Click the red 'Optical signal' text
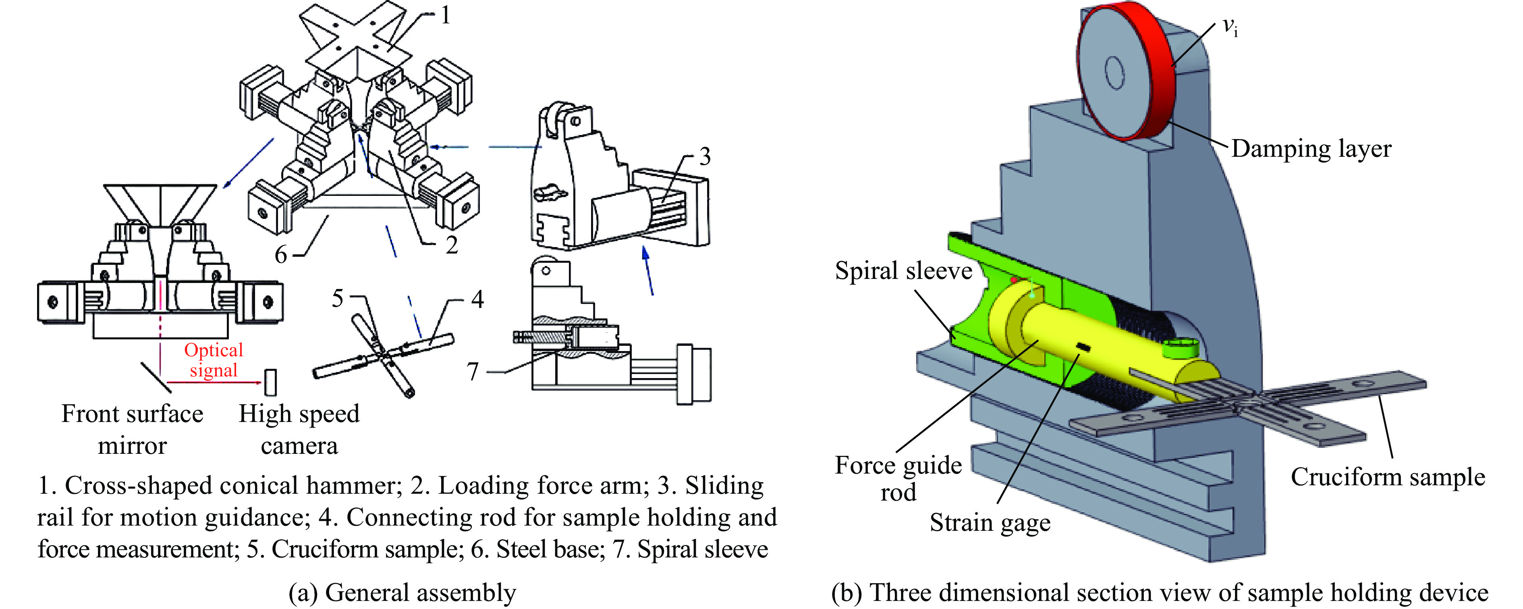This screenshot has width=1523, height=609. (x=214, y=360)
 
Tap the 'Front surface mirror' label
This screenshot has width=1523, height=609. (x=133, y=429)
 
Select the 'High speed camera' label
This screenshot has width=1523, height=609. (x=299, y=429)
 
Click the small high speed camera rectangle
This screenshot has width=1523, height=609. (x=270, y=382)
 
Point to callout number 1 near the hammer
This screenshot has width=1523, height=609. (x=445, y=15)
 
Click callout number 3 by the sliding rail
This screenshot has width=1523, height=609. (x=704, y=157)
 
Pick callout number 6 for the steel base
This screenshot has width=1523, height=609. (x=281, y=255)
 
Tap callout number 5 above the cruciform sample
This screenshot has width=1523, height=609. (x=337, y=299)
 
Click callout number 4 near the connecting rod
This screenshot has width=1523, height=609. (x=477, y=300)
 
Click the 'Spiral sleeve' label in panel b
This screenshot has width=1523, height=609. (x=903, y=271)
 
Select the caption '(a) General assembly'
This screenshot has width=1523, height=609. (x=402, y=592)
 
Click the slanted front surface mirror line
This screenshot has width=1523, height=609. (x=156, y=377)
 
